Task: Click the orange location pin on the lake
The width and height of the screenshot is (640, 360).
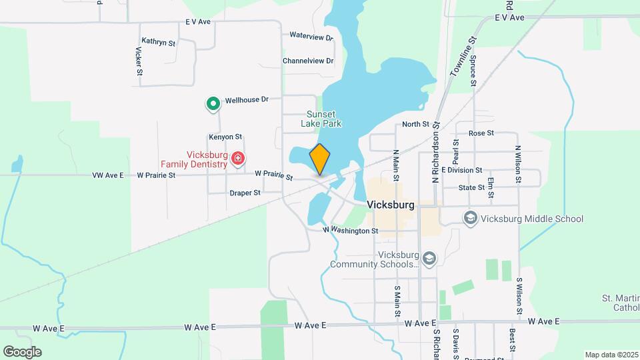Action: pos(320,159)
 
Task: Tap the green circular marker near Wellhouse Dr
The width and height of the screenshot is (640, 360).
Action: pos(213,103)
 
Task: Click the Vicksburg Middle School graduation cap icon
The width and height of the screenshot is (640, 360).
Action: pos(471,219)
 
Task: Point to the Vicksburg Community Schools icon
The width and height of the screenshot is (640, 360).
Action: pos(429,258)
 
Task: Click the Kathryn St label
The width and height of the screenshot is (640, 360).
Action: pos(158,43)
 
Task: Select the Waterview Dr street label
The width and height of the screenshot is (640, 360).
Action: pos(311,37)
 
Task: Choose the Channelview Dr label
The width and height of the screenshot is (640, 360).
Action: pos(307,61)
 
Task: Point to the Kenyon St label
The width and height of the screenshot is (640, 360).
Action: pos(225,137)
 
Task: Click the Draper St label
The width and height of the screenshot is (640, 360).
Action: pos(245,193)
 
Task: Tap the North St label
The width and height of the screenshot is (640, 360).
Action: pos(416,125)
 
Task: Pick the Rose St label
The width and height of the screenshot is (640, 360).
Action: pos(481,133)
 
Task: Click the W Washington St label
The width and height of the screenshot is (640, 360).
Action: pos(351,231)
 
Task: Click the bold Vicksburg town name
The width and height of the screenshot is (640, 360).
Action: pos(391,205)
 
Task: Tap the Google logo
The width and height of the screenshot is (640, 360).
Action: pos(22,351)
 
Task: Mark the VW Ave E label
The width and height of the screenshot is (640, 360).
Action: pos(108,175)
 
